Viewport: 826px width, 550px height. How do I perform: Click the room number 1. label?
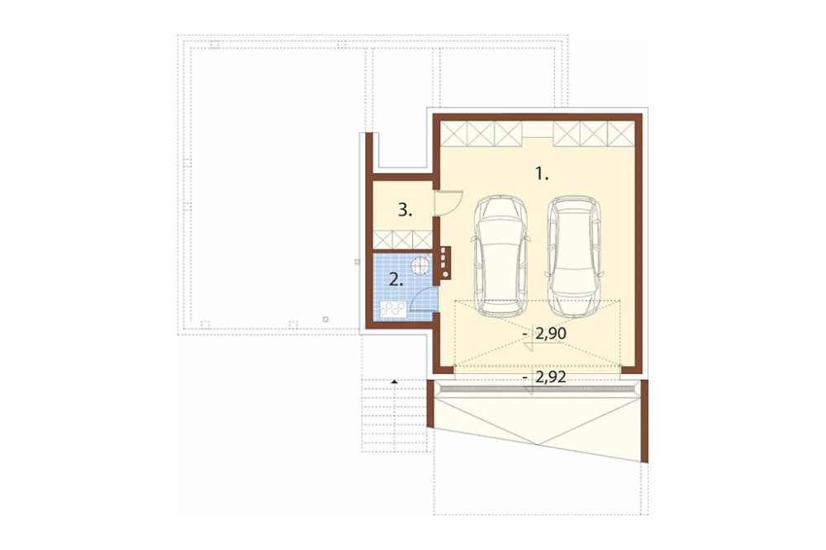(x=542, y=173)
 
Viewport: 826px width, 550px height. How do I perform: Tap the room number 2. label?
(x=396, y=280)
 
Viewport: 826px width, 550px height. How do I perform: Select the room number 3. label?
(x=405, y=211)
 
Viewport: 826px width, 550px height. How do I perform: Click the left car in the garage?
(x=501, y=256)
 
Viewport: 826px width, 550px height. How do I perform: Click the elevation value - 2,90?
(x=544, y=333)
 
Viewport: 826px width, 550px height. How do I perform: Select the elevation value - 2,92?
(x=544, y=377)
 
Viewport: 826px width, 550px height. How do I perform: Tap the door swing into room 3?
(x=449, y=203)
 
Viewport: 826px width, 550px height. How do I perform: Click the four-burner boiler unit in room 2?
(x=391, y=309)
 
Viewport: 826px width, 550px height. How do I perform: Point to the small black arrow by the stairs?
(x=394, y=381)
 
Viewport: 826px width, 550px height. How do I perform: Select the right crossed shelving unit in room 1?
(x=594, y=133)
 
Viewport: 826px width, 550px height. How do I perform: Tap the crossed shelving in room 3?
(x=402, y=239)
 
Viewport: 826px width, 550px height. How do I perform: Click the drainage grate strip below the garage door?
(x=537, y=389)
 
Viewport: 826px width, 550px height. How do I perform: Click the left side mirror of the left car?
(x=472, y=238)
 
